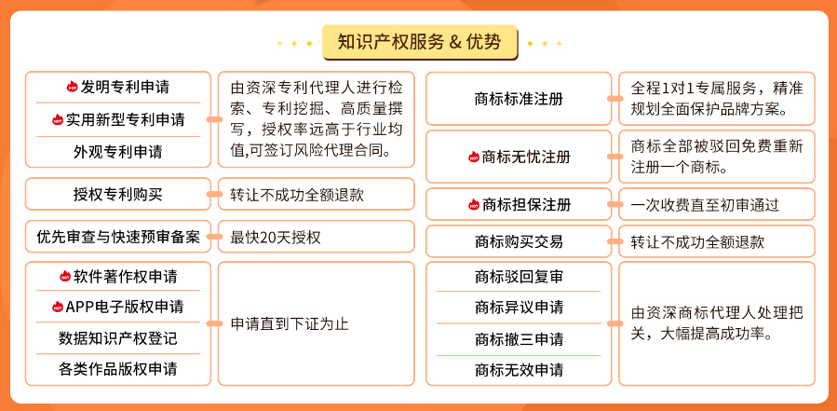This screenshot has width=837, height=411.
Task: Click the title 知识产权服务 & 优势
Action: (420, 41)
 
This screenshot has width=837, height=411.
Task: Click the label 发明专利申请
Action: (126, 87)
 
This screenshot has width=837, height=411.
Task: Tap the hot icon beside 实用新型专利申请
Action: (58, 119)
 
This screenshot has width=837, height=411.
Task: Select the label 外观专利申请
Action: (118, 152)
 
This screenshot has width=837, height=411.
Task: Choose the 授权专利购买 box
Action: (118, 194)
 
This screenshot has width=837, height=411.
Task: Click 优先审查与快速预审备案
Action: (118, 236)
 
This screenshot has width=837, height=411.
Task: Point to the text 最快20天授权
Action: (276, 237)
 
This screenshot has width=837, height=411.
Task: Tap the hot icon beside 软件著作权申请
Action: (65, 276)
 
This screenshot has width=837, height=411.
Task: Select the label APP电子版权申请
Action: (125, 307)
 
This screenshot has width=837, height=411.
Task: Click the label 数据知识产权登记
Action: (118, 337)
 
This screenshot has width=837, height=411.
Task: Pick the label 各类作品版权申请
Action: (118, 369)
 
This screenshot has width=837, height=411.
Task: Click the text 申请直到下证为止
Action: (290, 324)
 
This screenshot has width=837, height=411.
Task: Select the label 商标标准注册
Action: (519, 99)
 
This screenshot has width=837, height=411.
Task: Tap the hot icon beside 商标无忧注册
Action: (474, 157)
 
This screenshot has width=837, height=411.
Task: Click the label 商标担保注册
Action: (526, 205)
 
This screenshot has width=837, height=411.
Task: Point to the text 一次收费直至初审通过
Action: (705, 205)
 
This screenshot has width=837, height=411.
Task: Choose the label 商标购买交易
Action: (519, 241)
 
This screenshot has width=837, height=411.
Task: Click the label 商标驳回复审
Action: (519, 277)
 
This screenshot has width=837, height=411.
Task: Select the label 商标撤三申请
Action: (519, 339)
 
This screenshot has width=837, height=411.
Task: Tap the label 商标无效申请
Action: (519, 369)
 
